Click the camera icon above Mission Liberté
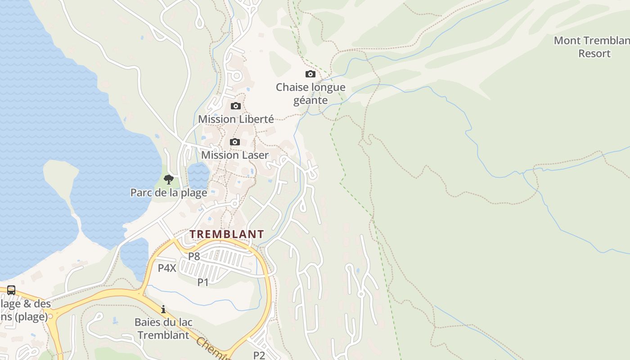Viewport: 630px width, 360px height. [x=235, y=106]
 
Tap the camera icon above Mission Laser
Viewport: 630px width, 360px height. [x=234, y=142]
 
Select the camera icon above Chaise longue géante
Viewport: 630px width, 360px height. [x=310, y=74]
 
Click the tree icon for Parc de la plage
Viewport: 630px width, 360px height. [x=169, y=180]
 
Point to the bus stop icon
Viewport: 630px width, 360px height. [x=11, y=290]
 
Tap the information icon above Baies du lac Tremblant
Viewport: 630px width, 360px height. [x=163, y=310]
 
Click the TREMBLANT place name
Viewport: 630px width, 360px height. [x=226, y=234]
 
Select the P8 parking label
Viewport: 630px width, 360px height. [x=194, y=256]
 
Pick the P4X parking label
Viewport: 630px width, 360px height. [x=167, y=268]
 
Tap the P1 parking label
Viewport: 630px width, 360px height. [x=203, y=282]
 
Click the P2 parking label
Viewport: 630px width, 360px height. [x=259, y=355]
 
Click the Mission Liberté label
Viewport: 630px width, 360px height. [x=236, y=119]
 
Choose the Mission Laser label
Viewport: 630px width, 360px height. [x=234, y=155]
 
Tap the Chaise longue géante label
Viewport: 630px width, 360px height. [x=310, y=94]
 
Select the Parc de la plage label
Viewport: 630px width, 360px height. [x=169, y=193]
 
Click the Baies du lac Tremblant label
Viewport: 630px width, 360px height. [x=163, y=329]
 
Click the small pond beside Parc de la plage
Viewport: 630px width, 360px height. [x=198, y=175]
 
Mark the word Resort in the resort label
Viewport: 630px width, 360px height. [x=594, y=54]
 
